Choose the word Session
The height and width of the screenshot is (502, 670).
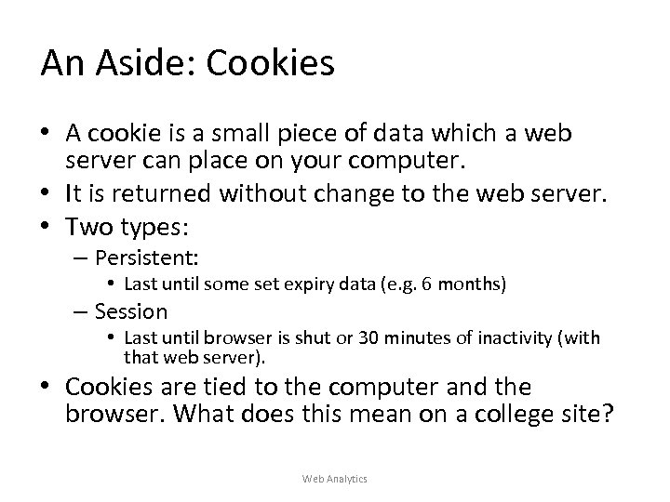click(131, 311)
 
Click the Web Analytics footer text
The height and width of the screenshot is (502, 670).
click(335, 478)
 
